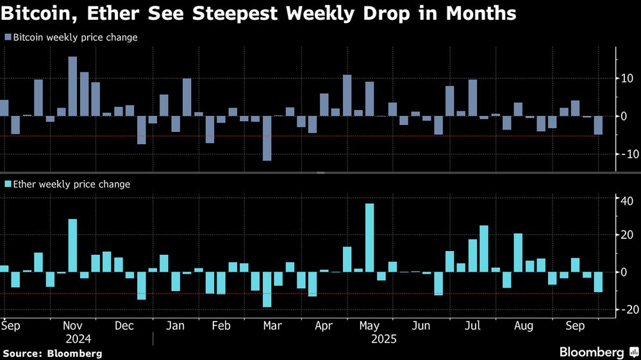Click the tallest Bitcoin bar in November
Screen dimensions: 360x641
pyautogui.click(x=72, y=86)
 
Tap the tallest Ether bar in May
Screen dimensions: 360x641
pyautogui.click(x=370, y=238)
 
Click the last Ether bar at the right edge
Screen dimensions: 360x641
pyautogui.click(x=599, y=282)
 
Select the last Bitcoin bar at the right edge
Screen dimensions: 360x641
pyautogui.click(x=599, y=126)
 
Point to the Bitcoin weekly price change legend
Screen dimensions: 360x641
pyautogui.click(x=71, y=38)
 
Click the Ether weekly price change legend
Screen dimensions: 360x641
pyautogui.click(x=67, y=184)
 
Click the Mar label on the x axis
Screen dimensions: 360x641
pyautogui.click(x=272, y=325)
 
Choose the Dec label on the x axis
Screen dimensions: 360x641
pyautogui.click(x=124, y=325)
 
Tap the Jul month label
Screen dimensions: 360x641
pyautogui.click(x=472, y=325)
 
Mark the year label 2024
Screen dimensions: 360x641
pyautogui.click(x=78, y=338)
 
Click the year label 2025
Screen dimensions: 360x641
pyautogui.click(x=384, y=338)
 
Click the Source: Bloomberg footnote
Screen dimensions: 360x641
pyautogui.click(x=53, y=353)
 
